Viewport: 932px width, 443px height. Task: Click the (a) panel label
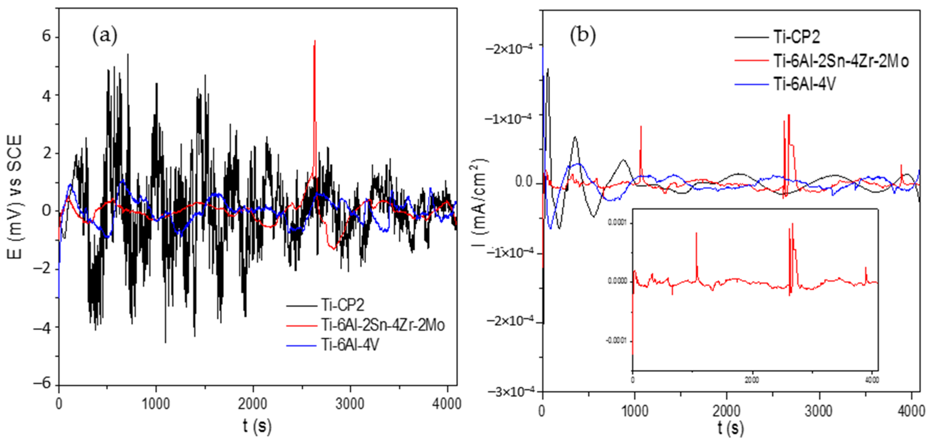(105, 36)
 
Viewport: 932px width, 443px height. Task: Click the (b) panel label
(583, 36)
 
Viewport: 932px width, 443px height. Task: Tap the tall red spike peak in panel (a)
(315, 41)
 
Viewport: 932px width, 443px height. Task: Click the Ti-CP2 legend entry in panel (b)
(796, 37)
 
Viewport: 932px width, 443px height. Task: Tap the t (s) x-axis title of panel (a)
(257, 426)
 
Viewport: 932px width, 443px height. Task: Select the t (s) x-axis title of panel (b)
(731, 428)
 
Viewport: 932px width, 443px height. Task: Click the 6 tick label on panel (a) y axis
(46, 36)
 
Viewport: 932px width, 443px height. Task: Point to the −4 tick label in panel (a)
(42, 328)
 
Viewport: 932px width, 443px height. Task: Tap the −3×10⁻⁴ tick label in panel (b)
(511, 392)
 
